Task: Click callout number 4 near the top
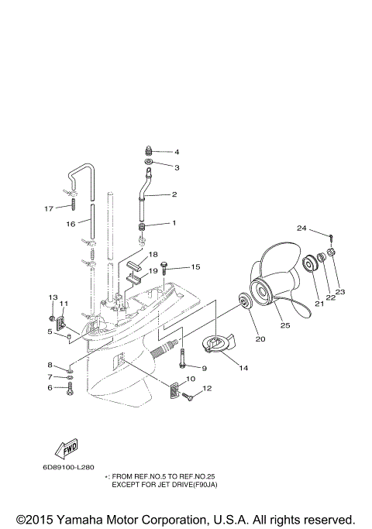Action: click(176, 152)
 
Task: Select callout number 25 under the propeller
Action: click(285, 326)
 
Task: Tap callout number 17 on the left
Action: click(49, 208)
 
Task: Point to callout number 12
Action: click(207, 388)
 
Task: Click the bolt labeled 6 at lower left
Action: click(68, 388)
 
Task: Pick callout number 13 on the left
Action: click(53, 297)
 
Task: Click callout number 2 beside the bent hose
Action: click(174, 194)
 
